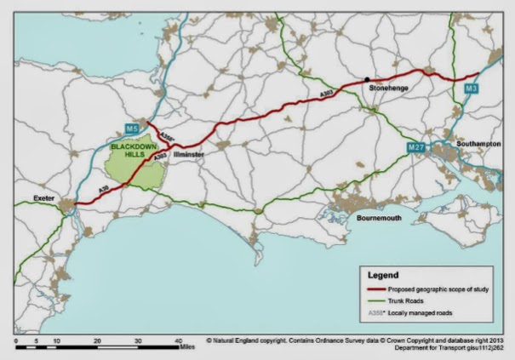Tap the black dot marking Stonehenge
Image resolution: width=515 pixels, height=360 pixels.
pos(368,79)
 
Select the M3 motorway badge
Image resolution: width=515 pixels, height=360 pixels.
pos(472,88)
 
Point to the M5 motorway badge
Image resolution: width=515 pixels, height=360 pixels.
pos(131,129)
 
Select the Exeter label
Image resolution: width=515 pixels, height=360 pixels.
pos(43,197)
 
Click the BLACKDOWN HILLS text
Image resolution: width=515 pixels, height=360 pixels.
pos(131,151)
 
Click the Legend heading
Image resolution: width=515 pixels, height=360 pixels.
pos(383,276)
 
